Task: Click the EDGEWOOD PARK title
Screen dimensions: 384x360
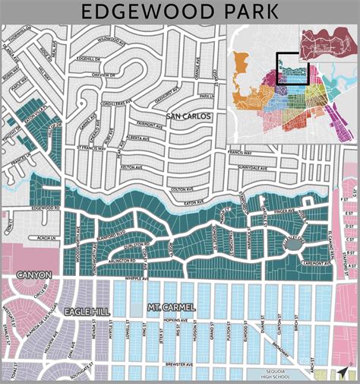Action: (x=179, y=11)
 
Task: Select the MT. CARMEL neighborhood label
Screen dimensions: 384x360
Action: (x=171, y=308)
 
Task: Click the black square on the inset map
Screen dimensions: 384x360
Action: (x=292, y=68)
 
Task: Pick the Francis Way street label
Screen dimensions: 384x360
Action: (x=240, y=152)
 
